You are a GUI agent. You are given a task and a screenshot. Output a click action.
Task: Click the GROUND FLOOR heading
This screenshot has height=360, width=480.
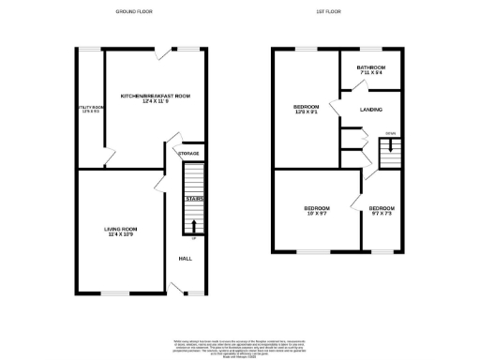click(135, 11)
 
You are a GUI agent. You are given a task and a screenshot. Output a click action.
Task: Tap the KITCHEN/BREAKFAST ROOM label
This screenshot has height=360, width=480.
click(155, 98)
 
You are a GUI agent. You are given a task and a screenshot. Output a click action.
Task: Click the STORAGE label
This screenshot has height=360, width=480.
click(189, 152)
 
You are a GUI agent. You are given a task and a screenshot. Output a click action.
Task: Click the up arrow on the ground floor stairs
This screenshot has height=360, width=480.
click(194, 225)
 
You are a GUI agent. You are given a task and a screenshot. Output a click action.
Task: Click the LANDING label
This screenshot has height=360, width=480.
click(371, 110)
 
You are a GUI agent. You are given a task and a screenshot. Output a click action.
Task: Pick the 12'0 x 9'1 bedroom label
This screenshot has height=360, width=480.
click(306, 109)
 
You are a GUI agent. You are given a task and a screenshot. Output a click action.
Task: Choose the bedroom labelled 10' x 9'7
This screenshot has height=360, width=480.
click(315, 210)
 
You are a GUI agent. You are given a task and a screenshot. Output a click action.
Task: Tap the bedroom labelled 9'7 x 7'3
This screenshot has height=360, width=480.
click(381, 210)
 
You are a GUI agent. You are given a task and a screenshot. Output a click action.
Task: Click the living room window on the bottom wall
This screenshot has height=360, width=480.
click(113, 292)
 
